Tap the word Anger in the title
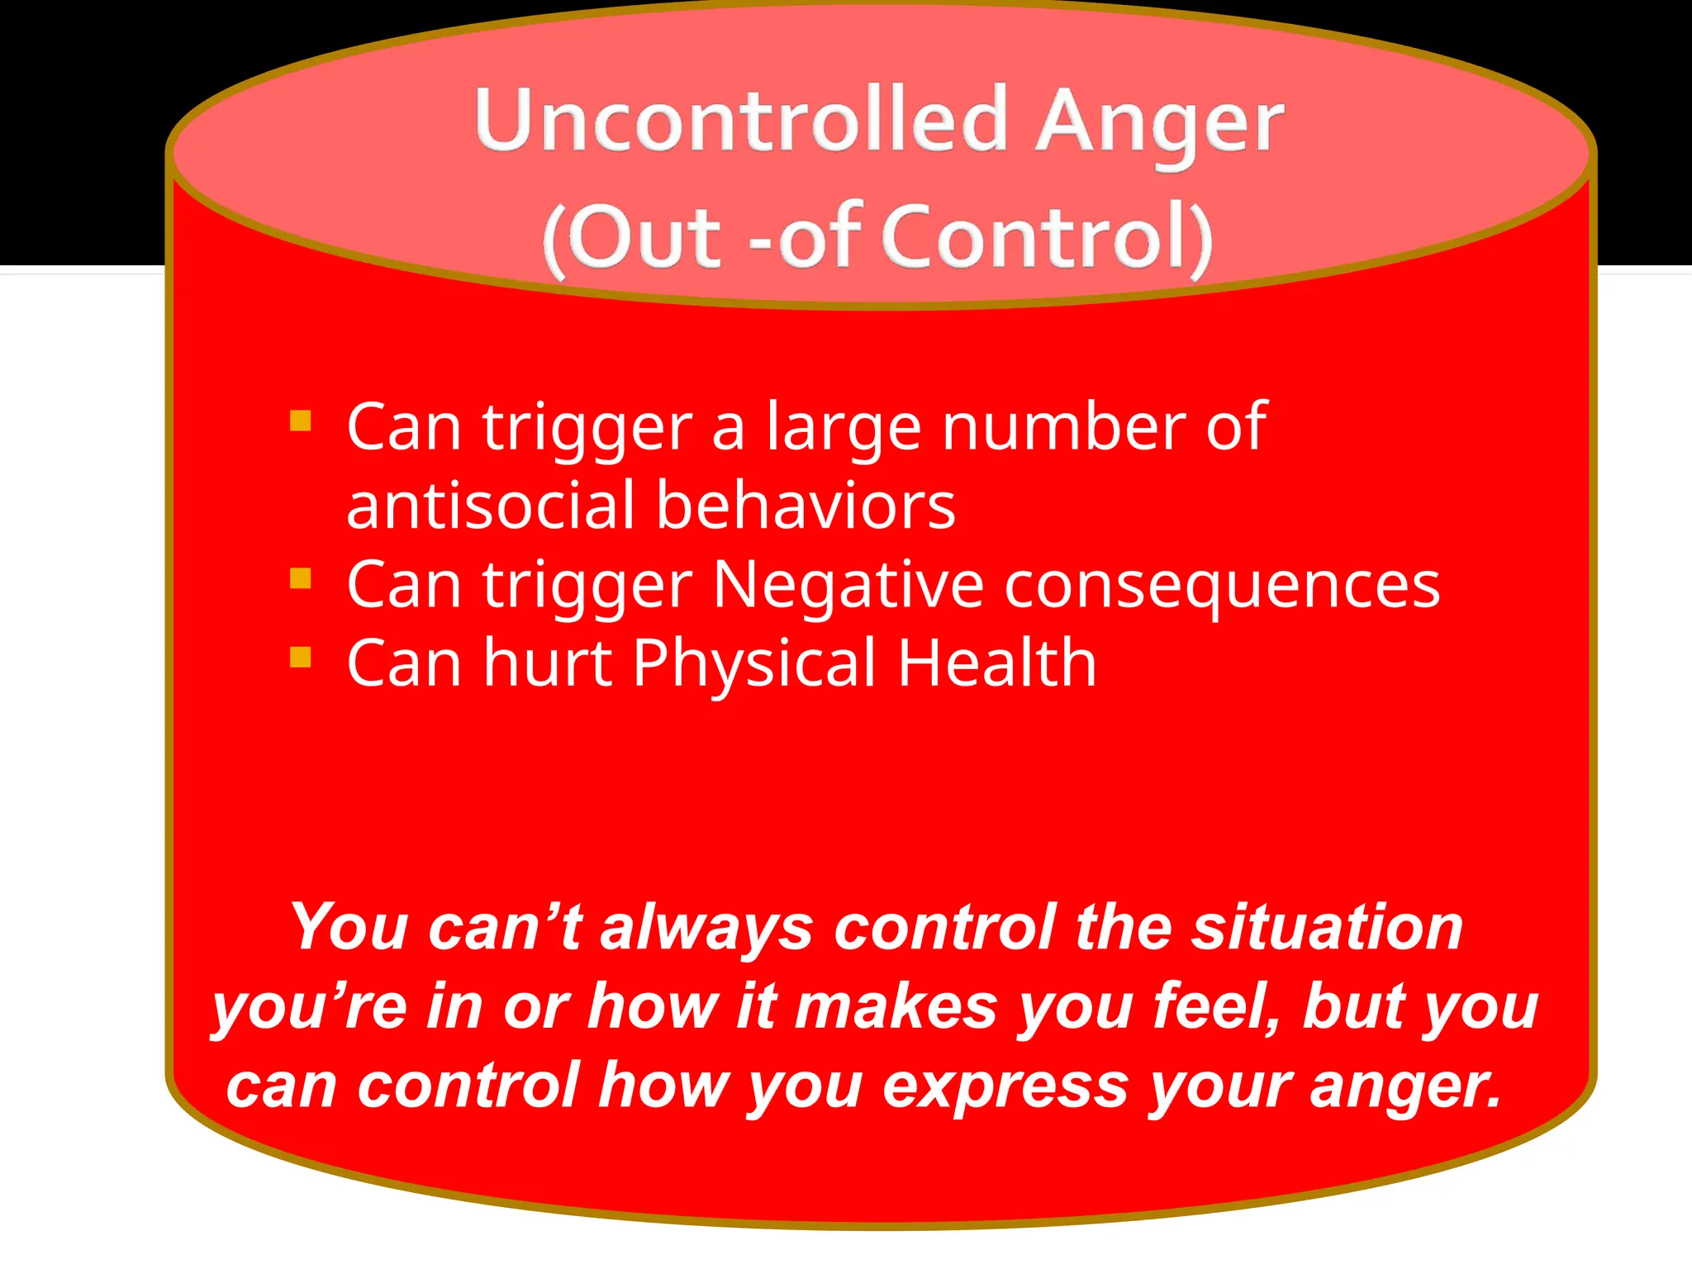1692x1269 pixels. pos(1160,124)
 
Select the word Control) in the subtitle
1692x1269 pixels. pos(1048,238)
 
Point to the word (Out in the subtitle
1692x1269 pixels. pos(632,238)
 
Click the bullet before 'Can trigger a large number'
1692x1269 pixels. pos(301,421)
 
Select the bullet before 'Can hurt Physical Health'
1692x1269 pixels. pos(301,658)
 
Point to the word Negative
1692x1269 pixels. pos(848,585)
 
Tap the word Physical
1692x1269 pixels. pos(753,663)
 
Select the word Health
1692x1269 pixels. pos(997,663)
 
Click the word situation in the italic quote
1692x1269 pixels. pos(1327,927)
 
